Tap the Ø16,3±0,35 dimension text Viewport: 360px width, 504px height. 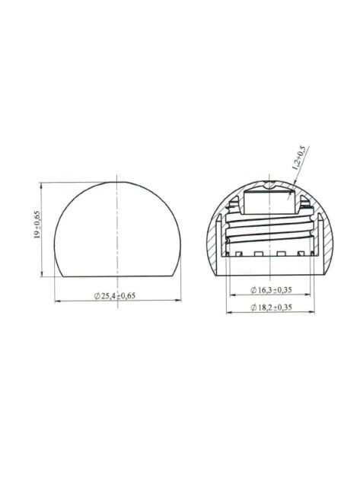point(272,290)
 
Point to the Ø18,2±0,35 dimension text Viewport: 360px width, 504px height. point(272,306)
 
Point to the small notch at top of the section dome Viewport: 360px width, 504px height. point(270,185)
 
